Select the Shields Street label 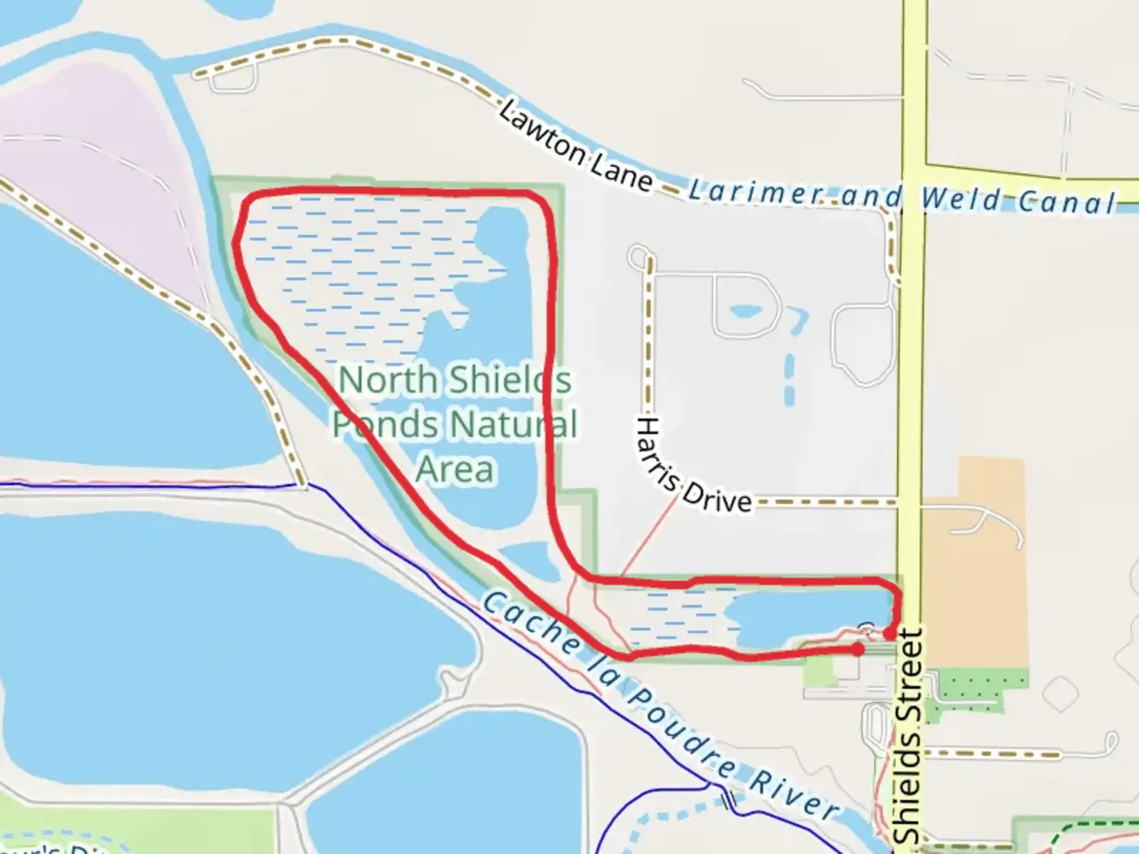(x=909, y=735)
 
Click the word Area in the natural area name (x=455, y=470)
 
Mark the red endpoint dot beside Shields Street (x=890, y=633)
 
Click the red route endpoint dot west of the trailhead (x=857, y=649)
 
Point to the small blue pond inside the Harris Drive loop (x=744, y=310)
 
